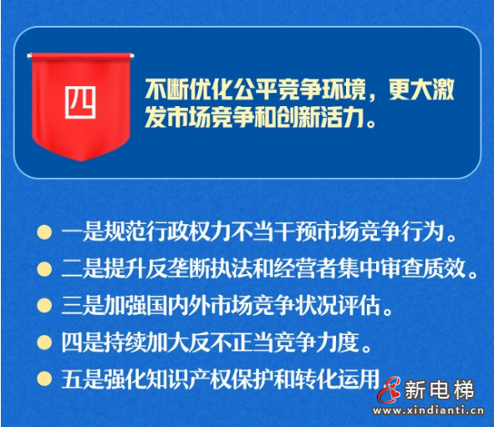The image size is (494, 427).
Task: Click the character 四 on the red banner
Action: pyautogui.click(x=81, y=101)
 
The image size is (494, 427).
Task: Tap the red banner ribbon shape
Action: pyautogui.click(x=81, y=125)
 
